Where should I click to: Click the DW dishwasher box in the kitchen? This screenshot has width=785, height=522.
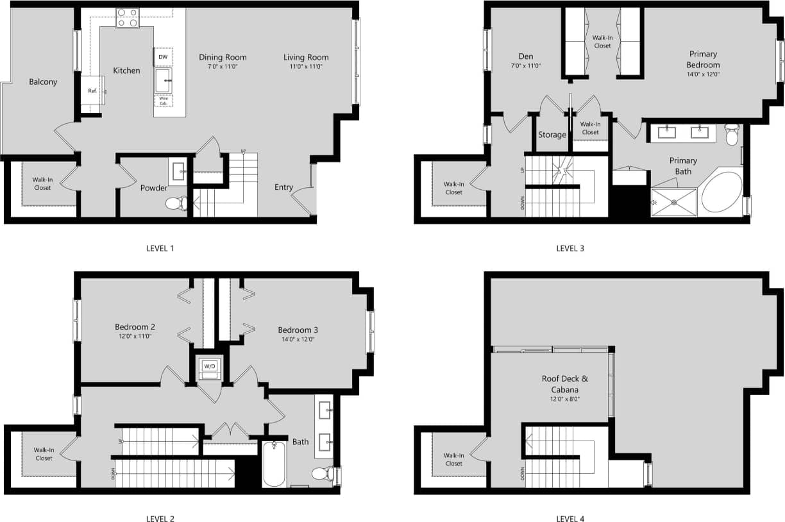(x=163, y=57)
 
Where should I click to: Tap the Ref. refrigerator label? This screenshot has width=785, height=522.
(x=92, y=91)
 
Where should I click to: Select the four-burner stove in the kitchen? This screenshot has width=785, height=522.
(x=127, y=18)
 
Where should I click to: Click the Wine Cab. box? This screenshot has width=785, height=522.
(x=163, y=101)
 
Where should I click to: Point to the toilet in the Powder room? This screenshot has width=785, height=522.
(x=175, y=204)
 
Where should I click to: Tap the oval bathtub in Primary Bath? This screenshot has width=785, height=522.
(x=722, y=192)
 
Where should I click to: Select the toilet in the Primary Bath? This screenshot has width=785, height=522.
(x=731, y=135)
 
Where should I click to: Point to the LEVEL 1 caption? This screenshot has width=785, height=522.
(x=160, y=248)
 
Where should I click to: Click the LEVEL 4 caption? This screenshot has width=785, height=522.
(x=570, y=519)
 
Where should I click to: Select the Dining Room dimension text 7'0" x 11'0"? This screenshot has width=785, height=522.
(x=223, y=66)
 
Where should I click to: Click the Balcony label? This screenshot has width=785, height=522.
(x=43, y=82)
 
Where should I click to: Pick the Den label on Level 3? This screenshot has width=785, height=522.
(x=525, y=56)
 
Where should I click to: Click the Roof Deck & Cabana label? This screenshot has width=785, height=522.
(x=564, y=383)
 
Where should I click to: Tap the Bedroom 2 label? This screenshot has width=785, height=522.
(x=135, y=326)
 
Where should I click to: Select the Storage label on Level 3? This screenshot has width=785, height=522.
(x=552, y=135)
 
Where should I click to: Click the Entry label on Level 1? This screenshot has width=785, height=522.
(x=283, y=187)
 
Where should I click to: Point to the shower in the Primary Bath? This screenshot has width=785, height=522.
(x=674, y=202)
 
